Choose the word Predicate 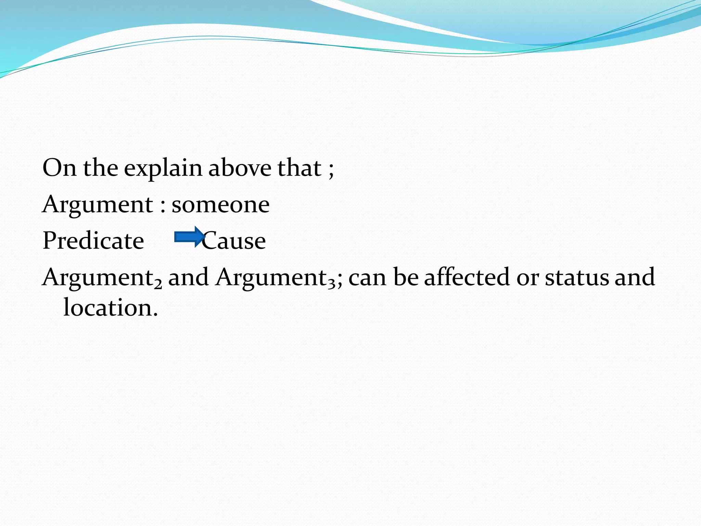[x=93, y=240]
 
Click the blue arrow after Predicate [x=189, y=237]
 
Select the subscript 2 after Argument [x=157, y=284]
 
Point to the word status [x=576, y=277]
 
